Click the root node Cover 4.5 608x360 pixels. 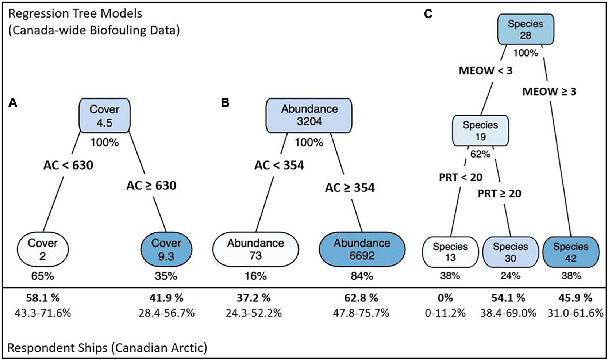point(104,116)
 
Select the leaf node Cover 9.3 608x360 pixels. point(166,249)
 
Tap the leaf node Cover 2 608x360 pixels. point(43,249)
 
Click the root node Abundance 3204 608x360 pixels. point(309,115)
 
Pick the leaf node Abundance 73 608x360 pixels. point(255,249)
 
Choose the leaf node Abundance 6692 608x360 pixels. point(362,249)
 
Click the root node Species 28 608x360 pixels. point(526,30)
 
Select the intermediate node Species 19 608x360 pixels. point(480,131)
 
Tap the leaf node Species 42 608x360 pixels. point(570,252)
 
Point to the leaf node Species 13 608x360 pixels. point(450,252)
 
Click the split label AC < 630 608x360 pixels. point(68,165)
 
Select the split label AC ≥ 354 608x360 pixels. point(350,188)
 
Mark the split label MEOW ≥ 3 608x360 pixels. point(549,92)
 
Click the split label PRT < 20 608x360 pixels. point(461,177)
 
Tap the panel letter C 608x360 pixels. point(428,14)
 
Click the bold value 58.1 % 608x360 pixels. point(42,298)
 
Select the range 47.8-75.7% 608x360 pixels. point(362,313)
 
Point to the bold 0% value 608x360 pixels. point(445,298)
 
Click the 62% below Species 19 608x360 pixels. point(480,154)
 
